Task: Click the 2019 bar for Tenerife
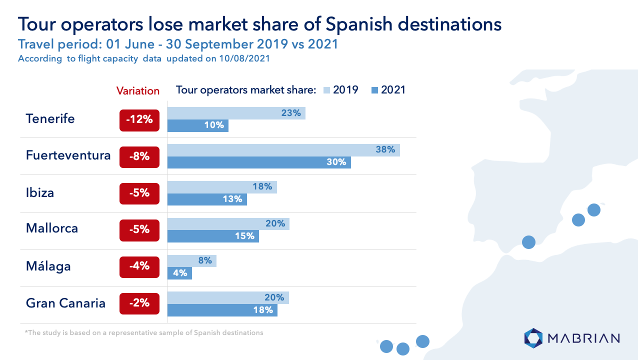[x=236, y=113]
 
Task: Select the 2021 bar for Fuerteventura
[x=259, y=162]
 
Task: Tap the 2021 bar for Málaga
[x=179, y=273]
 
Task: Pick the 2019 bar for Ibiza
[x=222, y=187]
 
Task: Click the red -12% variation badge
[x=139, y=120]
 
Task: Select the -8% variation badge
[x=139, y=157]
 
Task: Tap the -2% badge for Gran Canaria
[x=139, y=303]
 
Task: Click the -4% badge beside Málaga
[x=139, y=267]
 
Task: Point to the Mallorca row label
[x=52, y=228]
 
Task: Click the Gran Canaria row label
[x=65, y=303]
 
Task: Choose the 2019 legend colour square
[x=326, y=90]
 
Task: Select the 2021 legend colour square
[x=375, y=90]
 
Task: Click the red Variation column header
[x=138, y=91]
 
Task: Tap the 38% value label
[x=385, y=149]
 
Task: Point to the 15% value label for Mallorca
[x=244, y=236]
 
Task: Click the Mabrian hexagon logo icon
[x=533, y=338]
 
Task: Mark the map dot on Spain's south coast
[x=528, y=242]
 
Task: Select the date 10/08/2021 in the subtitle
[x=244, y=58]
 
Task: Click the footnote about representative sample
[x=144, y=332]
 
